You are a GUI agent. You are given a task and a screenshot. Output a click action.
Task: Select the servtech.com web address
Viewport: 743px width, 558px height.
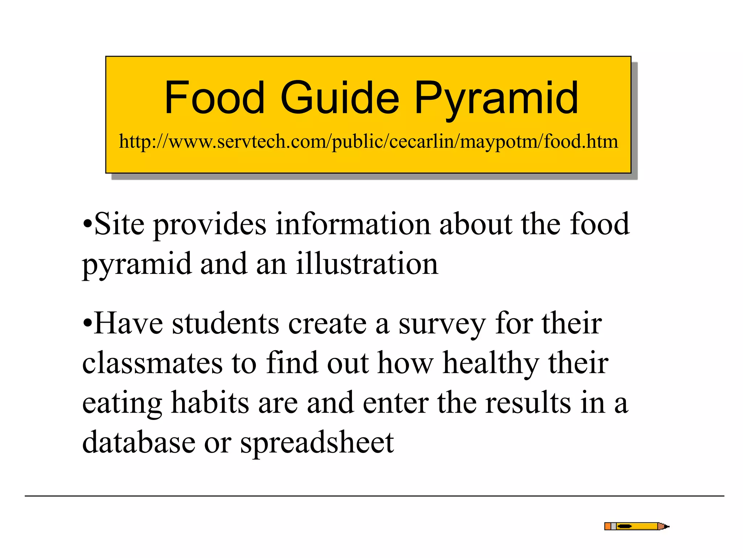368,141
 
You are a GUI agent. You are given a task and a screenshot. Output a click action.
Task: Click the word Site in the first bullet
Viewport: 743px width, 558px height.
119,224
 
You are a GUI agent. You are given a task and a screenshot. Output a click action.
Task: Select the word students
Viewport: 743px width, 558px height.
225,323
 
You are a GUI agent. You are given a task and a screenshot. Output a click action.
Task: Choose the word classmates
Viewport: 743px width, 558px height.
152,363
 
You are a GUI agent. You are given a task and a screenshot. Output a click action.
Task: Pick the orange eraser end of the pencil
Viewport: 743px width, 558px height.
608,526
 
